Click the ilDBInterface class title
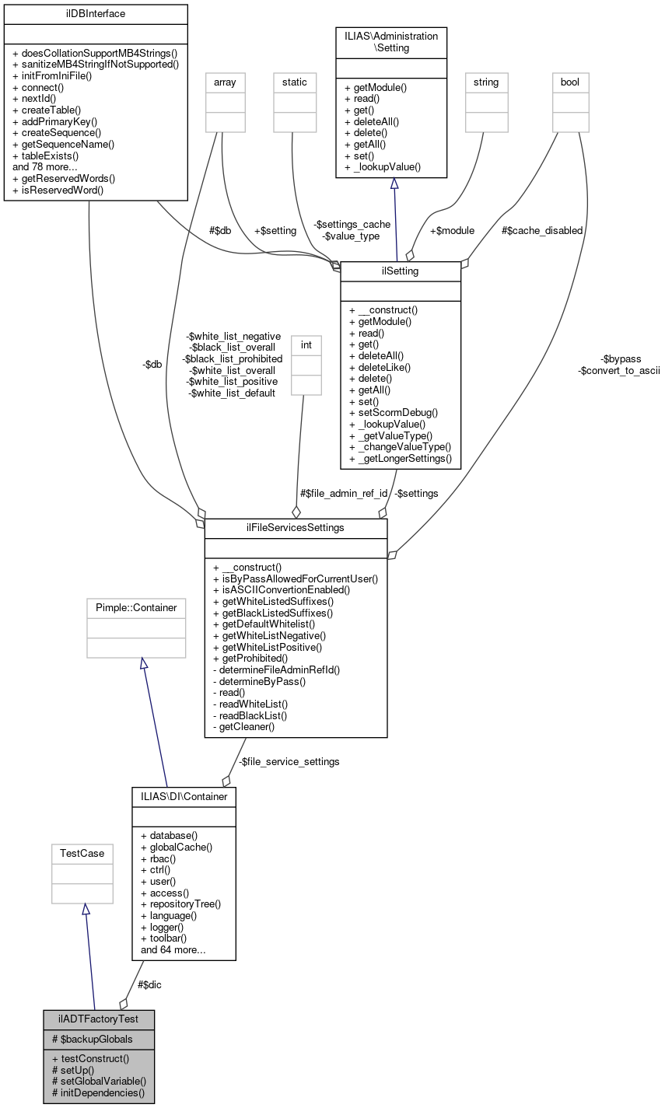pyautogui.click(x=96, y=14)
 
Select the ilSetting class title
pyautogui.click(x=401, y=271)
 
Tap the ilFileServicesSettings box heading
pyautogui.click(x=296, y=528)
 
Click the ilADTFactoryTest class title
pyautogui.click(x=99, y=1019)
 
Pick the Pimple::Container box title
pyautogui.click(x=136, y=607)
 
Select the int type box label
pyautogui.click(x=306, y=345)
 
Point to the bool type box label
pyautogui.click(x=570, y=82)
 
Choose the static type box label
pyautogui.click(x=295, y=82)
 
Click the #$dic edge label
pyautogui.click(x=149, y=984)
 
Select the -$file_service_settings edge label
pyautogui.click(x=289, y=761)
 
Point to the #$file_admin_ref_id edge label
pyautogui.click(x=344, y=493)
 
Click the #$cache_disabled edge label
pyautogui.click(x=541, y=230)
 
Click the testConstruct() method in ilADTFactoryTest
pyautogui.click(x=91, y=1058)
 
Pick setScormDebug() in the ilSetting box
pyautogui.click(x=394, y=412)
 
